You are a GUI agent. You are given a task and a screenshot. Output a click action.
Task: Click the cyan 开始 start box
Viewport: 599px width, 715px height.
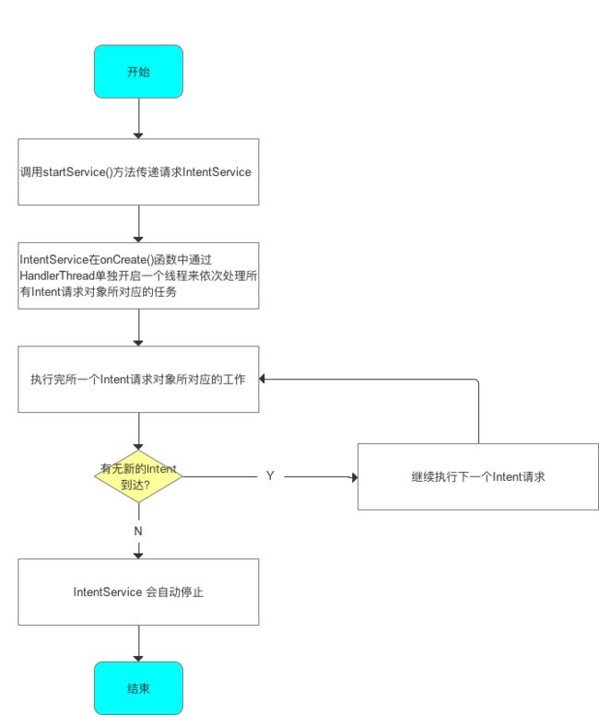(138, 72)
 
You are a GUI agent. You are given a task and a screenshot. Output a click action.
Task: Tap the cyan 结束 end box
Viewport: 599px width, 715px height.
(138, 688)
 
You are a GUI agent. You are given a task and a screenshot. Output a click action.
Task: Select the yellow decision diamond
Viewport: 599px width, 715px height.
(138, 476)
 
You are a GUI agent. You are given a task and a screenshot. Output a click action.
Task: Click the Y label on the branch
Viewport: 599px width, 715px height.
(270, 476)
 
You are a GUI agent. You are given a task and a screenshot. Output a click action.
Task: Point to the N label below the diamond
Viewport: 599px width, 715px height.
(138, 532)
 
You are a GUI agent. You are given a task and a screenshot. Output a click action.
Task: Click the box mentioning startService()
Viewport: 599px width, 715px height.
(138, 172)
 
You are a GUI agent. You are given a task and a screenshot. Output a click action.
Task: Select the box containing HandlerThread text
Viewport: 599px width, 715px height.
(138, 275)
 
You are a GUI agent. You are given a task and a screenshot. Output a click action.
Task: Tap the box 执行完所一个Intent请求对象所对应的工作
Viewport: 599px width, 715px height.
(138, 379)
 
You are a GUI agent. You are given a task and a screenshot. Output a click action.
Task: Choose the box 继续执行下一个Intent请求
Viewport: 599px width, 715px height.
(478, 476)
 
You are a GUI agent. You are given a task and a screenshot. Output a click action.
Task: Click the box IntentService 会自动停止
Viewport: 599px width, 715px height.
(138, 592)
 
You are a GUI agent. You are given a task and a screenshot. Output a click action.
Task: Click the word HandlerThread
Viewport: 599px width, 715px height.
(56, 275)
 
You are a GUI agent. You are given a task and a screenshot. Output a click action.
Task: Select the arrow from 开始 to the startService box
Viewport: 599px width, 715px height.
(138, 118)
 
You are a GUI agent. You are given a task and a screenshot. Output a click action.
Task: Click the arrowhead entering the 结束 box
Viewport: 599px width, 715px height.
(138, 659)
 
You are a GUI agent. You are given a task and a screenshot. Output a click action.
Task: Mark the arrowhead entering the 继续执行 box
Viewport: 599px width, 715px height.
(354, 477)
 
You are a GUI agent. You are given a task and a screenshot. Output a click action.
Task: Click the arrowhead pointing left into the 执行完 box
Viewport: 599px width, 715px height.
(263, 379)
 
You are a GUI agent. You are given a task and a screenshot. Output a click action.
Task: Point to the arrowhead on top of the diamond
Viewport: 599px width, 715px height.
(138, 447)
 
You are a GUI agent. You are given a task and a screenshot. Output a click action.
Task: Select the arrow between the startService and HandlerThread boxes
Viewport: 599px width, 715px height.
(138, 224)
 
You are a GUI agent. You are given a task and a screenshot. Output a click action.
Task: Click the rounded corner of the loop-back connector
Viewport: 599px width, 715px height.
(477, 381)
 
